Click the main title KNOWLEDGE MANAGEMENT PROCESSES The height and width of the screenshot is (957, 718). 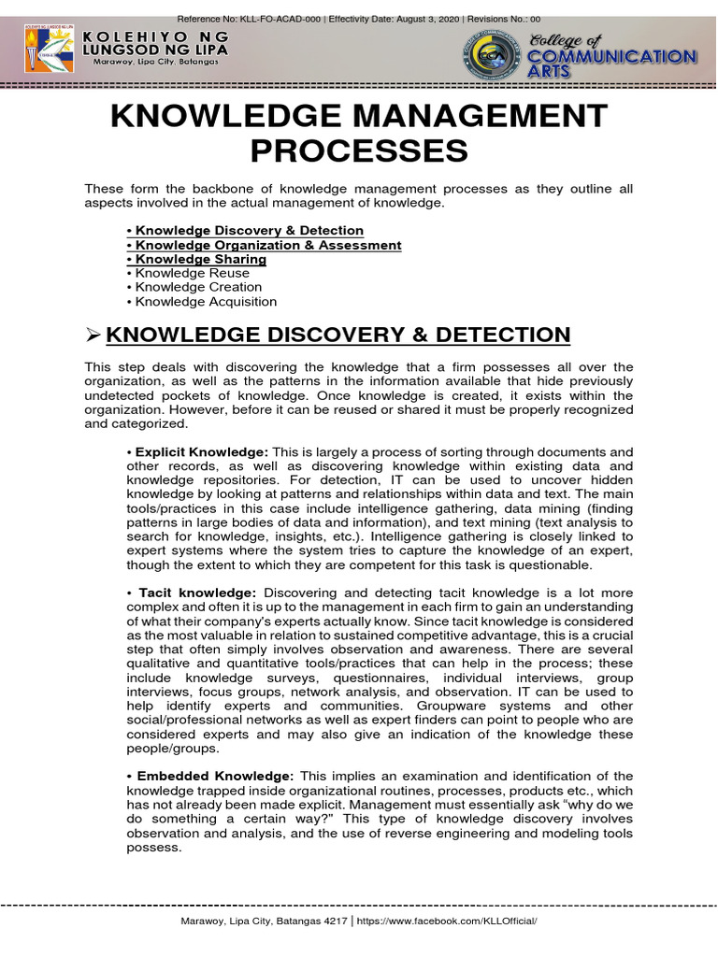pyautogui.click(x=359, y=133)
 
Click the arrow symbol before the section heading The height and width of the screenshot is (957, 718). pyautogui.click(x=93, y=336)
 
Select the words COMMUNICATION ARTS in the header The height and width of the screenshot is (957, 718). pyautogui.click(x=611, y=64)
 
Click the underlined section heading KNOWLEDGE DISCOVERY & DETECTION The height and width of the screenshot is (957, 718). pyautogui.click(x=338, y=336)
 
